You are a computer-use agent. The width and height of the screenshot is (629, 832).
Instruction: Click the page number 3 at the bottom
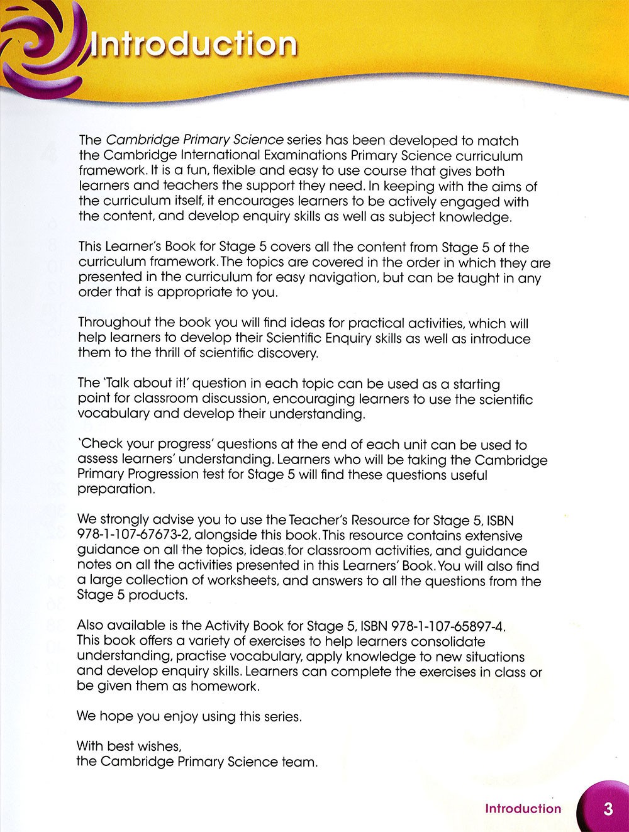point(608,808)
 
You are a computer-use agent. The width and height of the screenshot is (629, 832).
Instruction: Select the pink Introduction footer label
point(523,809)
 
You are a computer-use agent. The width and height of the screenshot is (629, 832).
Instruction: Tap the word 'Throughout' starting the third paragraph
point(114,323)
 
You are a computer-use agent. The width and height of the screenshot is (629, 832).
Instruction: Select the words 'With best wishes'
point(128,746)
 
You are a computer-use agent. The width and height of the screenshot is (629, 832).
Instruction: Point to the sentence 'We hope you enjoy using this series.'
point(189,716)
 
